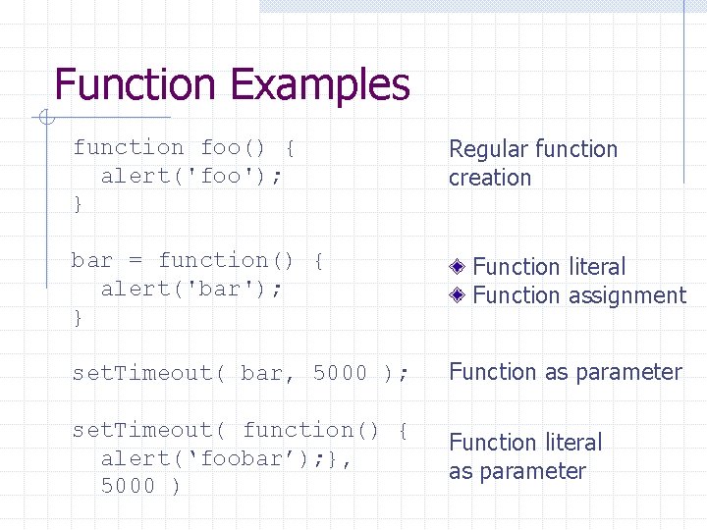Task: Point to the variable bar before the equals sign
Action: click(92, 260)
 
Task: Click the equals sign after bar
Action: click(136, 260)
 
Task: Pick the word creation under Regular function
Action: click(490, 178)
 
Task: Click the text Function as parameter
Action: click(565, 372)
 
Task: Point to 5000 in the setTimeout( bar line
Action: click(340, 373)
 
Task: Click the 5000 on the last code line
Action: click(129, 486)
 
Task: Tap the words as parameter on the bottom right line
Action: click(517, 471)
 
